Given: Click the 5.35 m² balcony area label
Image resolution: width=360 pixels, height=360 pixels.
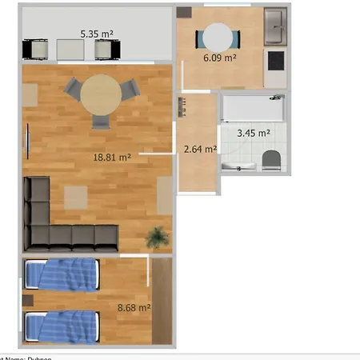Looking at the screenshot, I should click(x=97, y=34).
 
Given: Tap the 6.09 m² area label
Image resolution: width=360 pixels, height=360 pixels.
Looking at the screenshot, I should click(x=219, y=58).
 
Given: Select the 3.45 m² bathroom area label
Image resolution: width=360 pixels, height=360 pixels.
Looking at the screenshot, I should click(x=254, y=133).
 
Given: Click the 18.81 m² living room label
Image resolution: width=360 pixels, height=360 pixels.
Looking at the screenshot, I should click(x=112, y=158).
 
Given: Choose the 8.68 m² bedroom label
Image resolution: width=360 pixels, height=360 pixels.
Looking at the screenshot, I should click(x=134, y=306).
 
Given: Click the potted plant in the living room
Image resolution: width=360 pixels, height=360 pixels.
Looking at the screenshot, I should click(x=158, y=237).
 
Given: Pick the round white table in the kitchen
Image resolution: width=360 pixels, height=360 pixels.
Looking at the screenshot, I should click(x=218, y=37).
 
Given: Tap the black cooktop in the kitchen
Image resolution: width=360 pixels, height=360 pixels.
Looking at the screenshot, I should click(x=275, y=60).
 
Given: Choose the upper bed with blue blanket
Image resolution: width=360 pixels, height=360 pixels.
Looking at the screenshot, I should click(x=62, y=274).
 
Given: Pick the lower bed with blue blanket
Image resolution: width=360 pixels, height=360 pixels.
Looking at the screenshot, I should click(x=62, y=326).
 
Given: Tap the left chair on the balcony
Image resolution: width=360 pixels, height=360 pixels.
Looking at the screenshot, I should click(x=38, y=50).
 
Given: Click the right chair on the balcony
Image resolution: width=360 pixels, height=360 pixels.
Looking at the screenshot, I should click(x=106, y=50).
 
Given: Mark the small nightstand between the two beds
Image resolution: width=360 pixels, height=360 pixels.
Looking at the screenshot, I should click(x=28, y=301).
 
